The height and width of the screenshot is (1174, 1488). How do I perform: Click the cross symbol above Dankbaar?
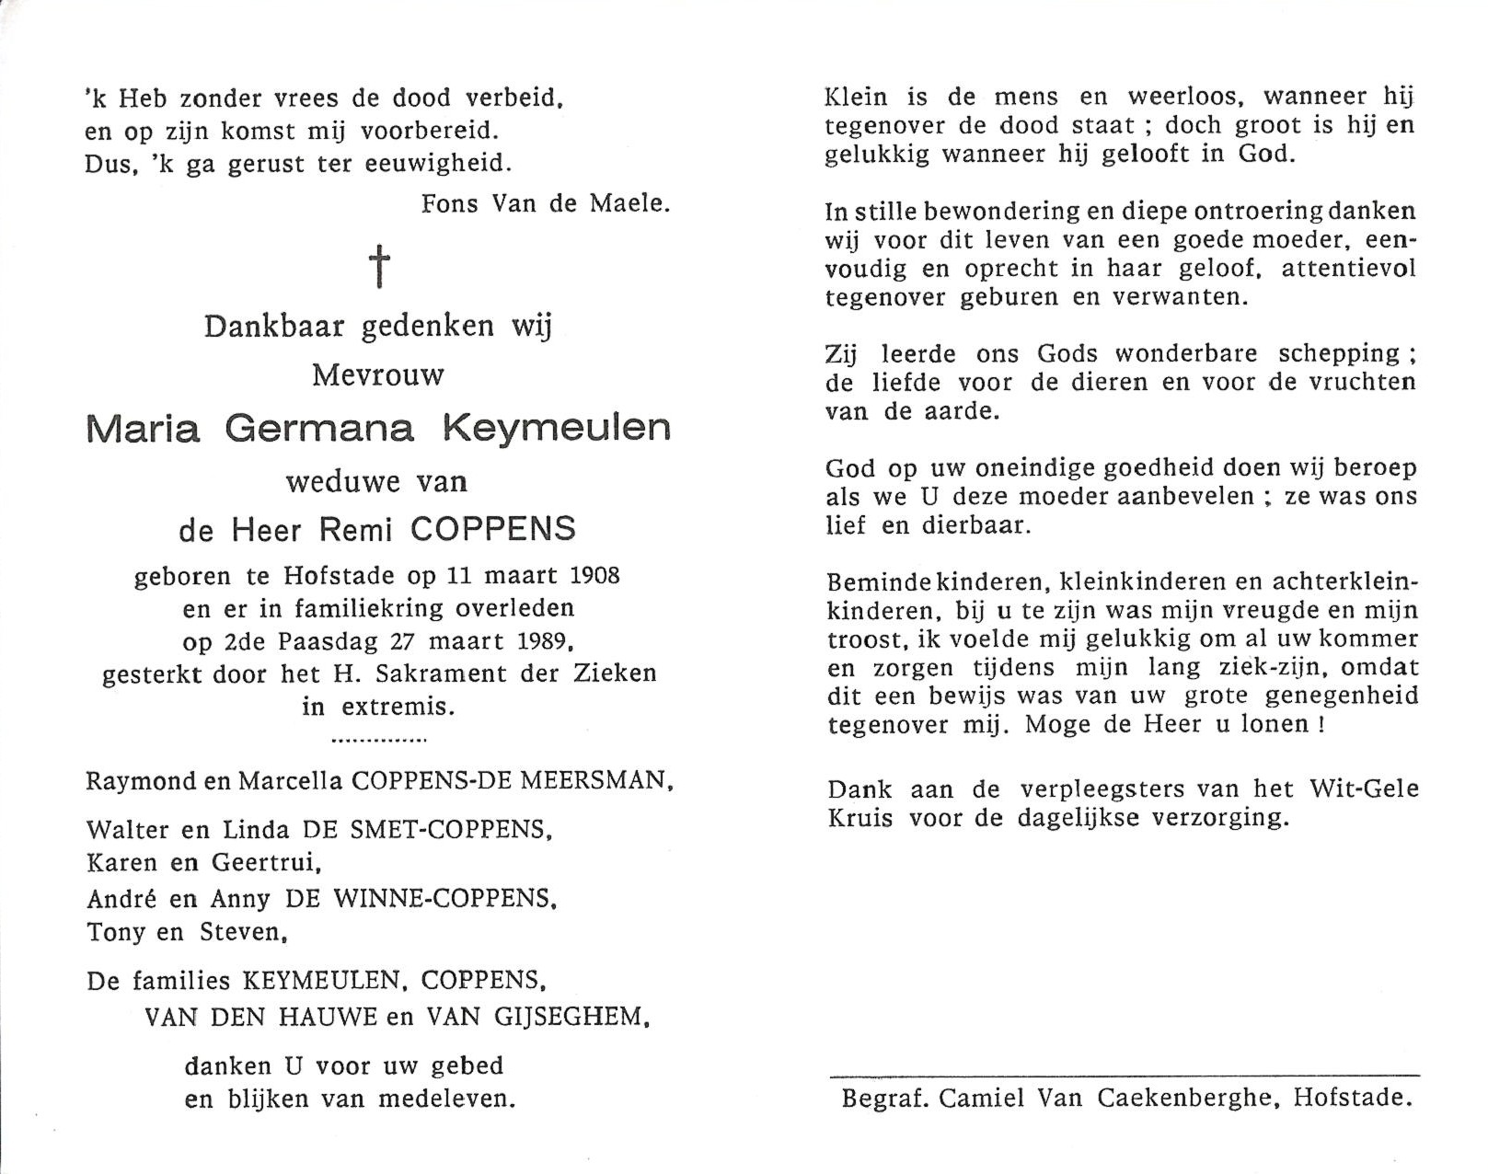pos(379,268)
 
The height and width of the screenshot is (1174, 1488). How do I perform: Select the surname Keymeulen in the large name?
pos(556,429)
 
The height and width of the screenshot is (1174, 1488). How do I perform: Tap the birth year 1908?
pos(594,576)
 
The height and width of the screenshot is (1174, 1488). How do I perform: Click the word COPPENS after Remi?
pos(493,529)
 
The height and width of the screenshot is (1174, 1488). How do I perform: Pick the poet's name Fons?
pos(451,203)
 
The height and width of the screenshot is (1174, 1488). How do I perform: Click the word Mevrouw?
pos(378,375)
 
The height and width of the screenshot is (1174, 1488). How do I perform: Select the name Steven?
pos(244,933)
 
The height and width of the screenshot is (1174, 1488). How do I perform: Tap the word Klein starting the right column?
pos(856,97)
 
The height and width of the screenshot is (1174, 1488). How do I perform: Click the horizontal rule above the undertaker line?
pos(1125,1075)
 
